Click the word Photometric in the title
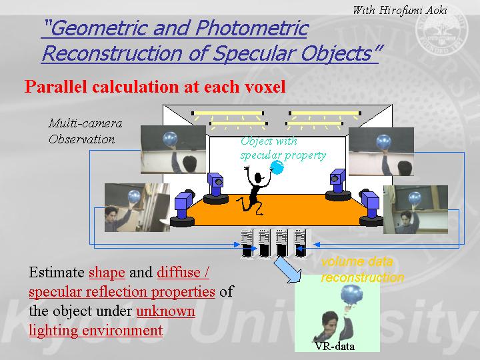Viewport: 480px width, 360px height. click(252, 28)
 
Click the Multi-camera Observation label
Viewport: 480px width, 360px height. click(85, 131)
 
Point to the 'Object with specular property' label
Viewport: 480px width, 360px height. click(283, 149)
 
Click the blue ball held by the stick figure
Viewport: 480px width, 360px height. click(277, 167)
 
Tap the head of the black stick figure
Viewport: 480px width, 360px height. click(258, 177)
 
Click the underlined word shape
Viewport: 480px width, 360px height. click(107, 273)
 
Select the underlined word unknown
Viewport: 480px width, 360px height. click(165, 311)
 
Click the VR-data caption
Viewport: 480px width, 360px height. click(335, 346)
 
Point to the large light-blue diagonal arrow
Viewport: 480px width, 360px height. click(287, 270)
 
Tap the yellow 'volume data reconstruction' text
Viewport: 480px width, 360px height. click(363, 269)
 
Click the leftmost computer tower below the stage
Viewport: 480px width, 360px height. click(247, 244)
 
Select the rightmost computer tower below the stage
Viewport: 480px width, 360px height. click(301, 244)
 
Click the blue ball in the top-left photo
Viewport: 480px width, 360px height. click(170, 139)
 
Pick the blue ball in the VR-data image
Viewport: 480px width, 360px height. click(351, 295)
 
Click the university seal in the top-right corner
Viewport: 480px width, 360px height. click(442, 31)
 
